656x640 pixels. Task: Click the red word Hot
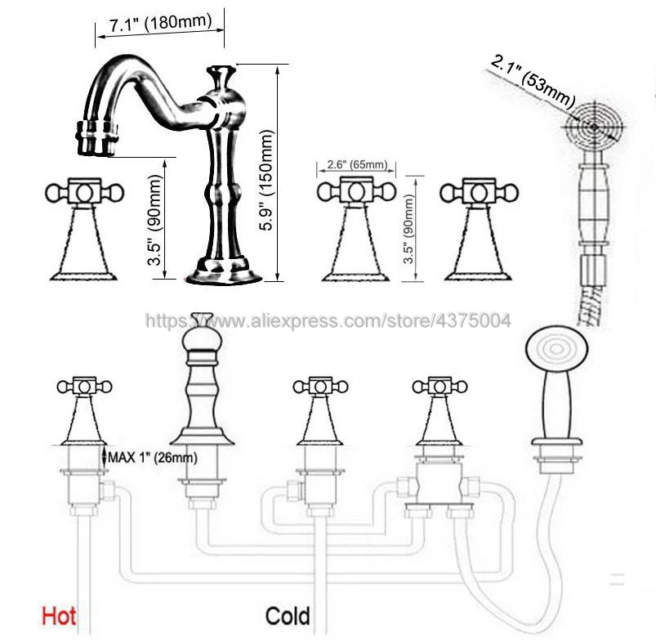[x=59, y=616]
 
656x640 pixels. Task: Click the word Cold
[x=288, y=616]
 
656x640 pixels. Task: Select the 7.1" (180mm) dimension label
[x=161, y=23]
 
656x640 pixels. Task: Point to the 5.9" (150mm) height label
[x=266, y=180]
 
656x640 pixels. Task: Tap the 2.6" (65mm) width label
[x=357, y=164]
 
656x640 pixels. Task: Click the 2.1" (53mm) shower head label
[x=532, y=81]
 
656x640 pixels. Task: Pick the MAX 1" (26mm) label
[x=153, y=458]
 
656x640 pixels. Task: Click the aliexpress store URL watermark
[x=328, y=320]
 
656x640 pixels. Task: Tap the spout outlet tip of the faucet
[x=96, y=139]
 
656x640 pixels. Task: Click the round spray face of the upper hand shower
[x=594, y=126]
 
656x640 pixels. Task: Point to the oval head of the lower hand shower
[x=556, y=350]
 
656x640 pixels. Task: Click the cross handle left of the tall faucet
[x=84, y=193]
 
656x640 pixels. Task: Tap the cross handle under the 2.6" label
[x=356, y=192]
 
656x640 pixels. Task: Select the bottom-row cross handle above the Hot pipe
[x=84, y=386]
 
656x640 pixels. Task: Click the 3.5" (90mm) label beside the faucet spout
[x=154, y=220]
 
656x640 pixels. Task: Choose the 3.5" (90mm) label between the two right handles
[x=408, y=229]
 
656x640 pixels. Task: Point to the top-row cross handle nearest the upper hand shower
[x=479, y=193]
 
